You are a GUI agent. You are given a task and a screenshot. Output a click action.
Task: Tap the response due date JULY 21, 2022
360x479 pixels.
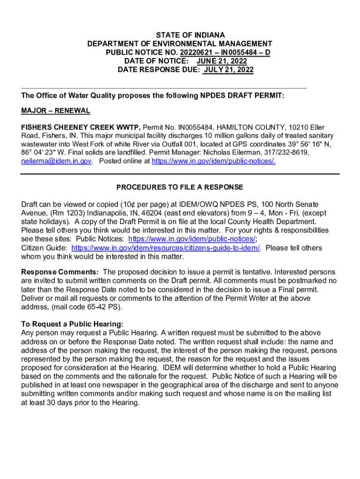pos(228,70)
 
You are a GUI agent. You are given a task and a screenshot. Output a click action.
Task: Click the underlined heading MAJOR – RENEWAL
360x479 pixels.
pos(56,111)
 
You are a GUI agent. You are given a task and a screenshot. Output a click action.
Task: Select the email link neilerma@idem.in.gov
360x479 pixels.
pos(57,161)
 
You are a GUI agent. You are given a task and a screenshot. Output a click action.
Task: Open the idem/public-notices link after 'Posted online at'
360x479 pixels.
pos(214,161)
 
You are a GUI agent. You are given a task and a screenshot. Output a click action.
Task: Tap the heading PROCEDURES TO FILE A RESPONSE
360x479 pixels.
pos(180,188)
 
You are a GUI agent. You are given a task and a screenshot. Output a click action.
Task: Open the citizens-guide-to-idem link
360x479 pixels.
pos(166,248)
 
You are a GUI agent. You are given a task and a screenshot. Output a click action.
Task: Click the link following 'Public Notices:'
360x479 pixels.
pos(192,239)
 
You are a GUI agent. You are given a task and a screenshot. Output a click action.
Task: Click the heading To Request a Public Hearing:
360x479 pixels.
pos(72,324)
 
